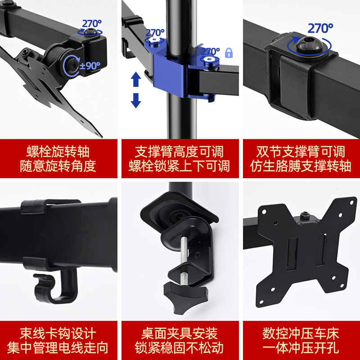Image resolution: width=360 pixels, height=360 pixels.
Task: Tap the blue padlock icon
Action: [229, 53]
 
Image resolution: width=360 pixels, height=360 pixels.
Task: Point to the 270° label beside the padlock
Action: [210, 51]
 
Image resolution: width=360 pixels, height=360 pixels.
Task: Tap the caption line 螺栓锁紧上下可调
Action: [179, 166]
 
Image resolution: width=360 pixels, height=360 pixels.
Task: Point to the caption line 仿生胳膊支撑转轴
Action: [301, 166]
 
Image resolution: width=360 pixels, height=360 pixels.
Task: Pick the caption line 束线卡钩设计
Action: [58, 333]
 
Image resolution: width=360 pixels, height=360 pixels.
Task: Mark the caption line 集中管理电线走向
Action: [58, 348]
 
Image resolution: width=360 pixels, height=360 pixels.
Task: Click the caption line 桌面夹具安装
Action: [179, 333]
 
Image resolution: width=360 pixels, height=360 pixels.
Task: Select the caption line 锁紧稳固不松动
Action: [179, 348]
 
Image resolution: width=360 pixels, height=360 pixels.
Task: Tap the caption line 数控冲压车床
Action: [301, 333]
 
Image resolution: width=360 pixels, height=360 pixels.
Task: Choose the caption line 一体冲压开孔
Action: [301, 348]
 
